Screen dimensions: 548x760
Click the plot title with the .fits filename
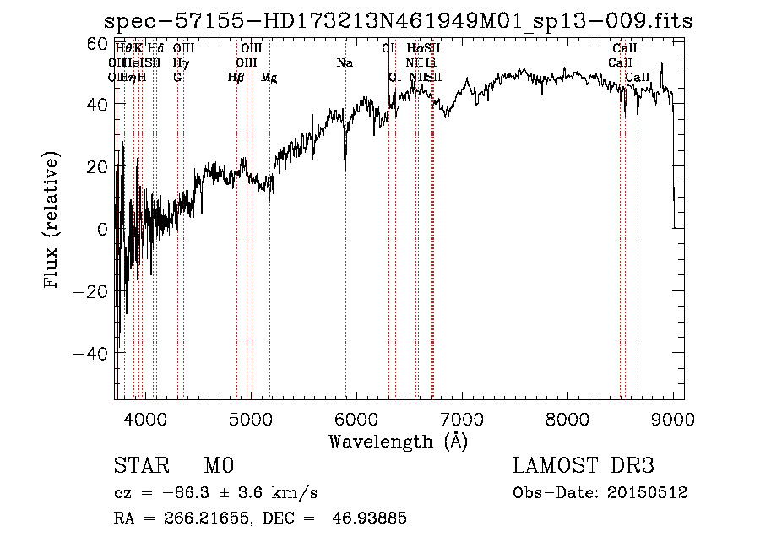(398, 22)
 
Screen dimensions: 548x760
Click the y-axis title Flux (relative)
(52, 220)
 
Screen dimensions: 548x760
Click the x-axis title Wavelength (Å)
(398, 441)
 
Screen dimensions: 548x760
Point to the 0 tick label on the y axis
(102, 229)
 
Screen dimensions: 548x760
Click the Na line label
(345, 63)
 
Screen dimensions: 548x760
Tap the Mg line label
(269, 78)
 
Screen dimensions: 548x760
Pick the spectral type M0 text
(219, 466)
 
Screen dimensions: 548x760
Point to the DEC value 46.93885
(372, 518)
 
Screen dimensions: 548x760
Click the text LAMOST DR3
(584, 466)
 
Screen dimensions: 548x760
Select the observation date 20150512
(651, 493)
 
